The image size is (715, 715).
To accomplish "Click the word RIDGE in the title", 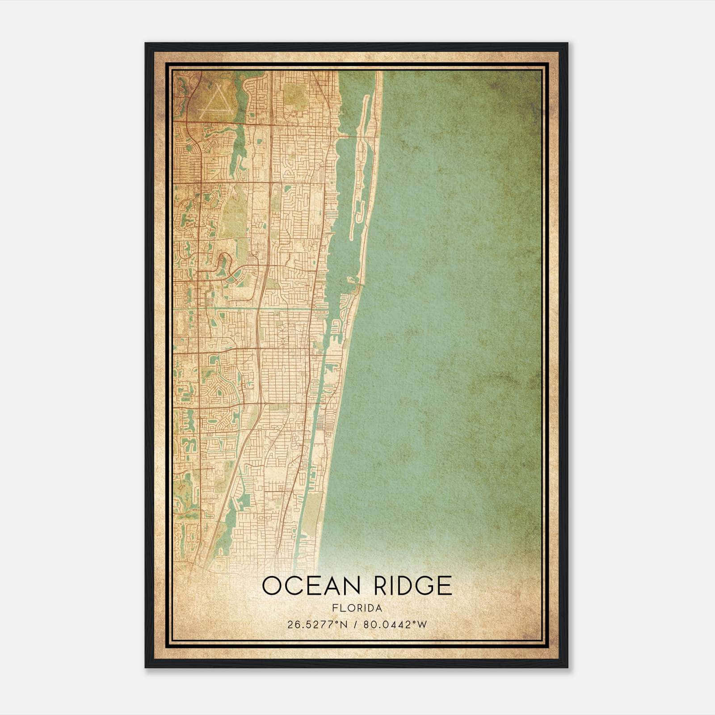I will pos(412,586).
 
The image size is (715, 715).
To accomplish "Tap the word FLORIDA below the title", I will pos(357,608).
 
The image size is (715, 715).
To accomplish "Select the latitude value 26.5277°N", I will pos(318,624).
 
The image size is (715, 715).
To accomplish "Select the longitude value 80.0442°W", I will pos(395,624).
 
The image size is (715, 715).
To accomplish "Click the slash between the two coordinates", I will pos(356,624).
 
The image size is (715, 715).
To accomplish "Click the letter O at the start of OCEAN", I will pos(271,586).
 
